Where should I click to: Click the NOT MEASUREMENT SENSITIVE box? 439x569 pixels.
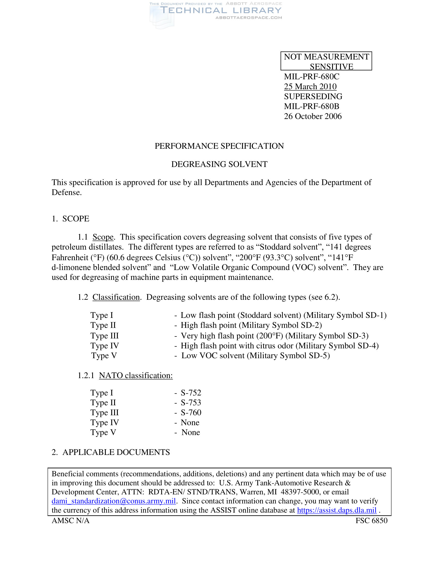[x=326, y=61]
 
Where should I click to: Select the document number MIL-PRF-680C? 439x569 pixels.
[x=312, y=77]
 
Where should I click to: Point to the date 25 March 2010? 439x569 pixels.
[x=310, y=86]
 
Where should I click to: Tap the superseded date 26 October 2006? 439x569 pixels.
[x=313, y=116]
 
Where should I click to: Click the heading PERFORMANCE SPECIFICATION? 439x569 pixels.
[x=219, y=146]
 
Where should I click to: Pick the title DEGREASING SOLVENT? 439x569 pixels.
[x=219, y=164]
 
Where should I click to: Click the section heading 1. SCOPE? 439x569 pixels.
[x=70, y=219]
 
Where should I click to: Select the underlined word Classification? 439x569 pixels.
[x=116, y=297]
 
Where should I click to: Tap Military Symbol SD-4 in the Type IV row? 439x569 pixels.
[x=338, y=346]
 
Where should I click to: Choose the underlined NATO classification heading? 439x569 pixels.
[x=136, y=376]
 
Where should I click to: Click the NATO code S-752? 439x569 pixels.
[x=191, y=393]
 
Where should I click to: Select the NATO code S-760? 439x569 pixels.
[x=191, y=413]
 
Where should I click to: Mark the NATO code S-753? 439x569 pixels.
[x=191, y=402]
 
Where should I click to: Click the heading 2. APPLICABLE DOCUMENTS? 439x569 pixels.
[x=111, y=452]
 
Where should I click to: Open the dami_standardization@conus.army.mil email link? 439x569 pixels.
[x=114, y=501]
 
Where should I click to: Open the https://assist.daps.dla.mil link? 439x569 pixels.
[x=336, y=510]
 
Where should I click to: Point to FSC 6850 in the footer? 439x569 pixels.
[x=371, y=521]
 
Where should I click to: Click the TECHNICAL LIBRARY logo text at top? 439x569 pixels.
[x=221, y=10]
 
